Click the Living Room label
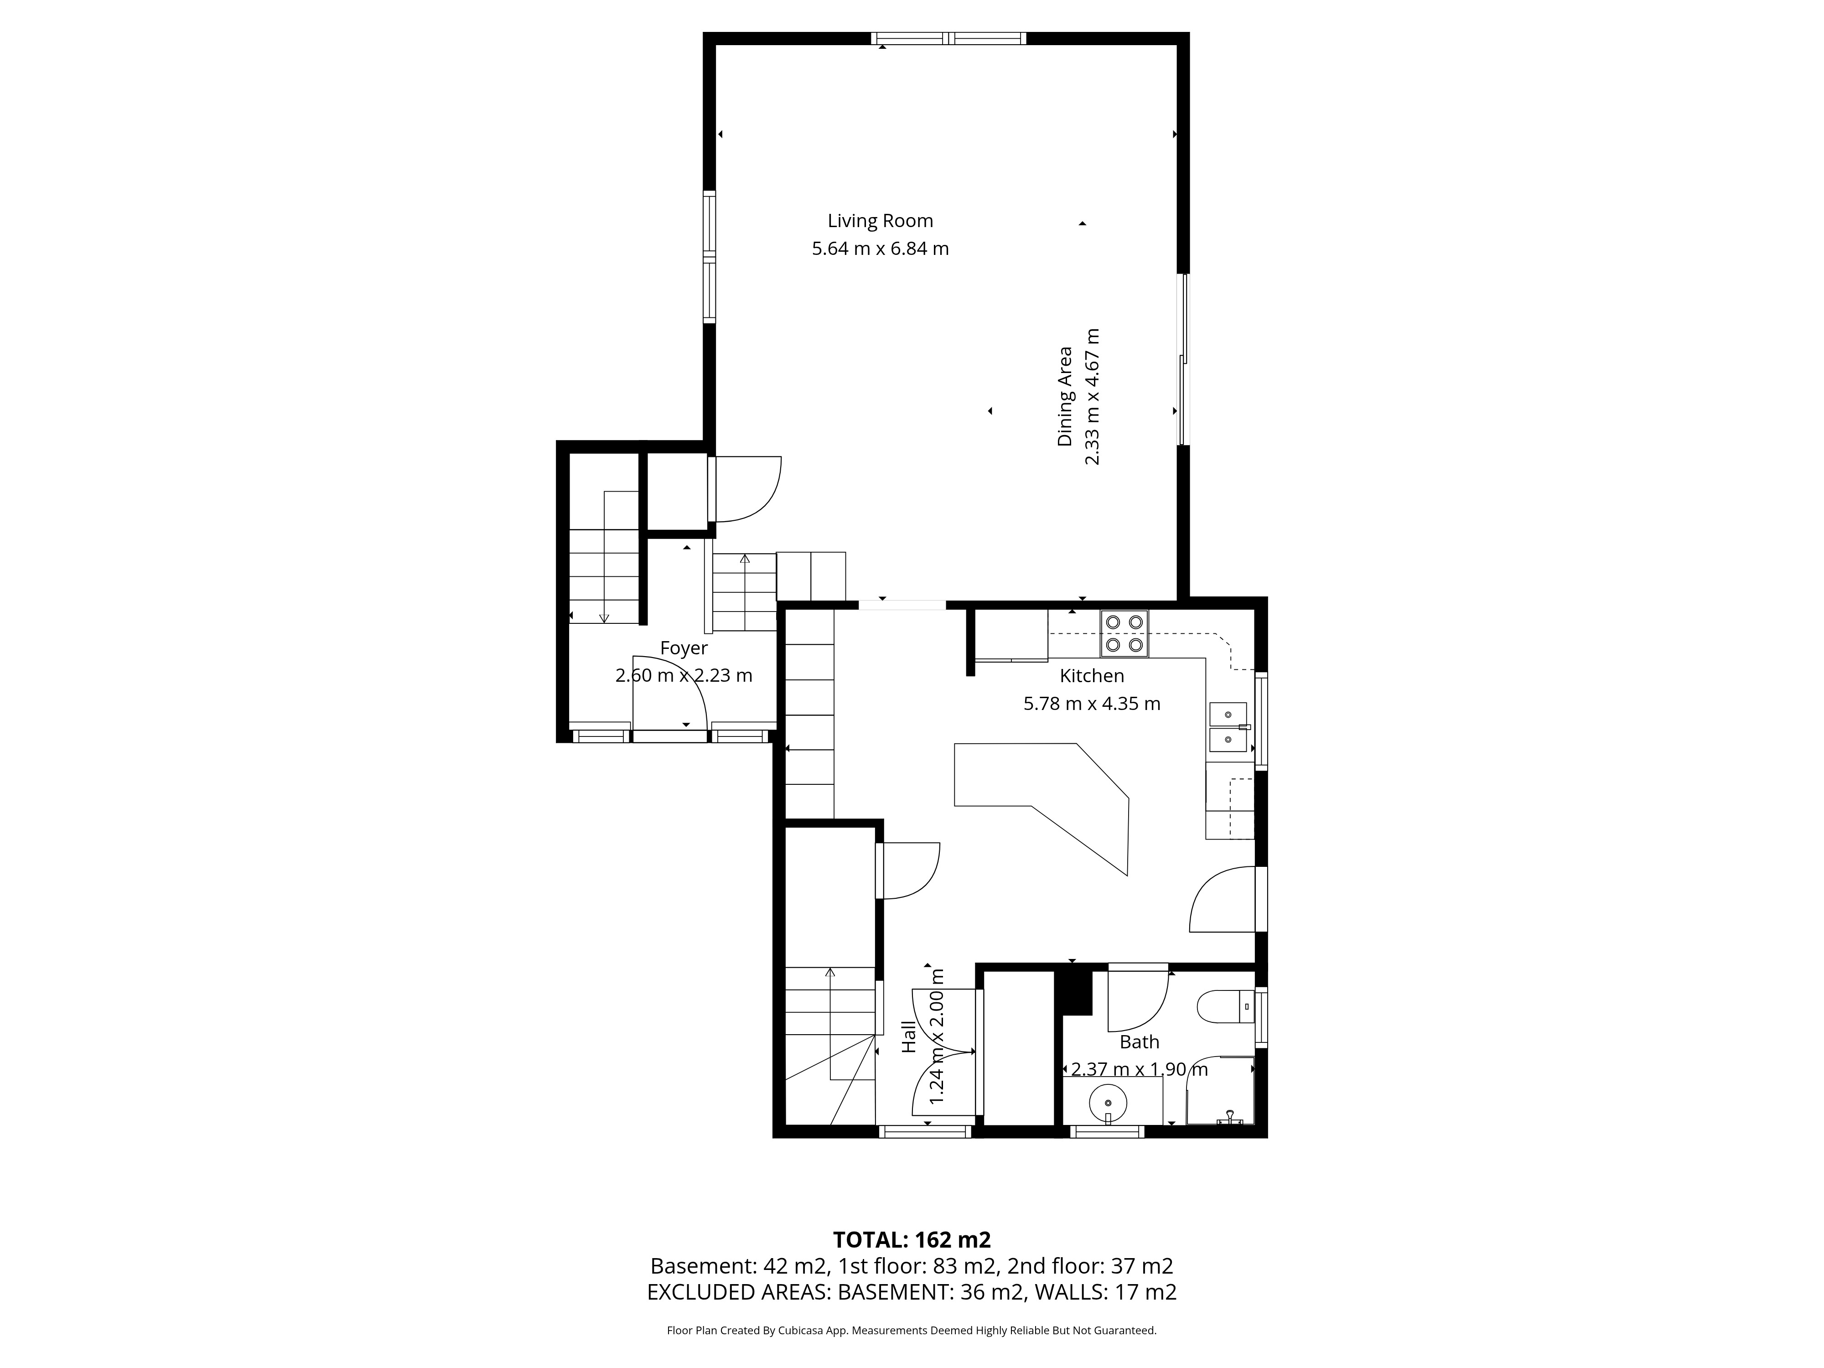tap(880, 221)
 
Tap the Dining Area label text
tap(1065, 397)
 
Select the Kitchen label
tap(1092, 676)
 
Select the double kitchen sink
tap(1228, 727)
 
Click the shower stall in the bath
tap(1220, 1090)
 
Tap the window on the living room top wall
tap(949, 38)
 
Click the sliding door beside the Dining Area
tap(1183, 359)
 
